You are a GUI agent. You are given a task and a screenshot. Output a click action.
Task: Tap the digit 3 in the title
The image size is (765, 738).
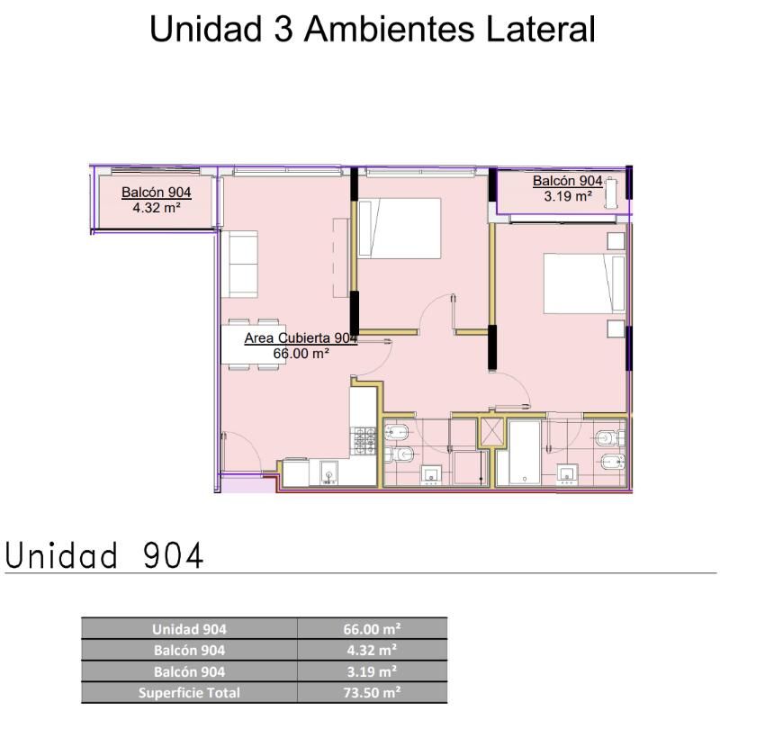click(x=283, y=29)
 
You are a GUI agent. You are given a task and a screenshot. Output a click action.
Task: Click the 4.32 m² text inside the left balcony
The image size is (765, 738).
click(x=157, y=208)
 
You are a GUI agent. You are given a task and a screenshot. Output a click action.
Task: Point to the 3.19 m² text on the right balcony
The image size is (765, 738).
click(x=568, y=196)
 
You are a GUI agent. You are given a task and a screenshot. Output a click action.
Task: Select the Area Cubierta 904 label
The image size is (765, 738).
click(x=301, y=337)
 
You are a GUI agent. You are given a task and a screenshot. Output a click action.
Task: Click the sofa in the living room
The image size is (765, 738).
click(x=239, y=264)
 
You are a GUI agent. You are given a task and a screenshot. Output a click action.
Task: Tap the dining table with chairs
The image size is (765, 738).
click(x=253, y=345)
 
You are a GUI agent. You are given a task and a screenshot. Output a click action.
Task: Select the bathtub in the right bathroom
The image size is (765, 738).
click(x=525, y=453)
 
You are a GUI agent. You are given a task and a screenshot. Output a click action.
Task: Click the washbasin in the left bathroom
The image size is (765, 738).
click(x=431, y=475)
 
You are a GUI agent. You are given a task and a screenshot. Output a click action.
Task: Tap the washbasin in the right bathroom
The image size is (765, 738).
click(x=567, y=474)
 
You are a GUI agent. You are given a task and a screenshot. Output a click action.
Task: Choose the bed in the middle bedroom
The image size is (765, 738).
click(x=400, y=228)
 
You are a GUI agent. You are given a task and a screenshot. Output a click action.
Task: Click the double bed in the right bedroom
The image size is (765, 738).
click(x=584, y=283)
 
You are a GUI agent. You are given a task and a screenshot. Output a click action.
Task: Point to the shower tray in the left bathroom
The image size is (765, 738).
click(x=471, y=468)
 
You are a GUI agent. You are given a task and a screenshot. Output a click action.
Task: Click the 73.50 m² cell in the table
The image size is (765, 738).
click(x=372, y=693)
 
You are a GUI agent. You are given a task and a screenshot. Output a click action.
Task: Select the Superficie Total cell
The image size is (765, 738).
click(x=189, y=693)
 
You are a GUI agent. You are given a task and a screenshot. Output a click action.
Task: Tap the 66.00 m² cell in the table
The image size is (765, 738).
click(x=372, y=629)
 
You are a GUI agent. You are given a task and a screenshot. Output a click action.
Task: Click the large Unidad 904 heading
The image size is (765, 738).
click(x=103, y=555)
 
